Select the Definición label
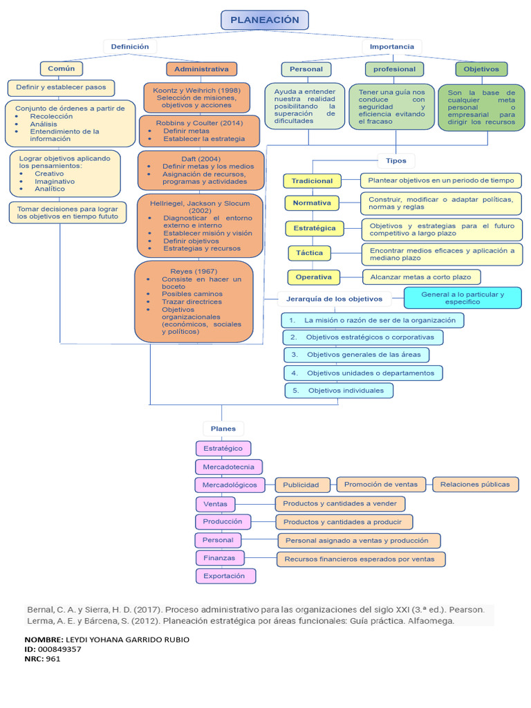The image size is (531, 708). [x=130, y=46]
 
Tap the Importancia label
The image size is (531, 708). [x=391, y=46]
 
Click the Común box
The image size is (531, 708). [x=62, y=68]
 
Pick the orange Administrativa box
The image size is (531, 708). [x=201, y=69]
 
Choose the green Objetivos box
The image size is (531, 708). [x=481, y=69]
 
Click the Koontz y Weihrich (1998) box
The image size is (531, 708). [x=196, y=97]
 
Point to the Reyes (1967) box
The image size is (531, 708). [x=194, y=301]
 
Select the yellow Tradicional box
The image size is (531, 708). [x=312, y=180]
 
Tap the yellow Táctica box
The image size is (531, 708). [x=309, y=253]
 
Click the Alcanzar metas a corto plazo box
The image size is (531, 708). [x=420, y=277]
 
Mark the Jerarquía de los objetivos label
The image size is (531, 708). [x=334, y=299]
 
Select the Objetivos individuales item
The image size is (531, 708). [x=339, y=391]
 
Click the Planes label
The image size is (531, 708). [x=223, y=429]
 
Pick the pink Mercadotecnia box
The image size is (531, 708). [x=219, y=467]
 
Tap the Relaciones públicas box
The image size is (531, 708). [x=475, y=484]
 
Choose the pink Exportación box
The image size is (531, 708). [x=225, y=575]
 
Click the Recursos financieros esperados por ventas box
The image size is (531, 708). [x=360, y=559]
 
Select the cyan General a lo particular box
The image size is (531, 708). [x=463, y=298]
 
